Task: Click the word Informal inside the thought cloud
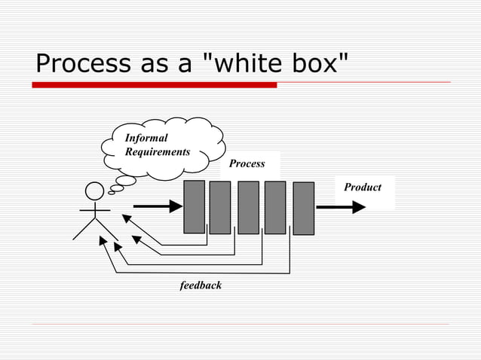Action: (x=146, y=138)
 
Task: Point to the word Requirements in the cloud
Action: (x=157, y=151)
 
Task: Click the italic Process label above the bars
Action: (x=247, y=163)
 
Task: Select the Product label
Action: (x=363, y=187)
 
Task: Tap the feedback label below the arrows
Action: (x=201, y=285)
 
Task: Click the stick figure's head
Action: (x=94, y=192)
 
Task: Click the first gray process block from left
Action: (x=195, y=206)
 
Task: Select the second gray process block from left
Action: (x=220, y=207)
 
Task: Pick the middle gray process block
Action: (x=248, y=207)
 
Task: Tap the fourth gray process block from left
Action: (x=275, y=207)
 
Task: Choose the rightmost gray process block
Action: (x=303, y=208)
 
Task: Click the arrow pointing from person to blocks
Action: (x=158, y=205)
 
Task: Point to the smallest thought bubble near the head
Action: (x=112, y=192)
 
